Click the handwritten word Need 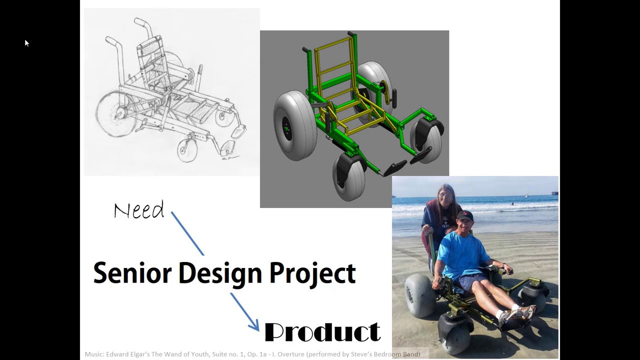tap(139, 210)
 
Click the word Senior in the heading tap(132, 273)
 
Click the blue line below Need tap(187, 233)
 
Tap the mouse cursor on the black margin tap(26, 43)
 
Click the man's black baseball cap tap(465, 215)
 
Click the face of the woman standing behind tap(444, 196)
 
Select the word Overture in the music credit tap(284, 354)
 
